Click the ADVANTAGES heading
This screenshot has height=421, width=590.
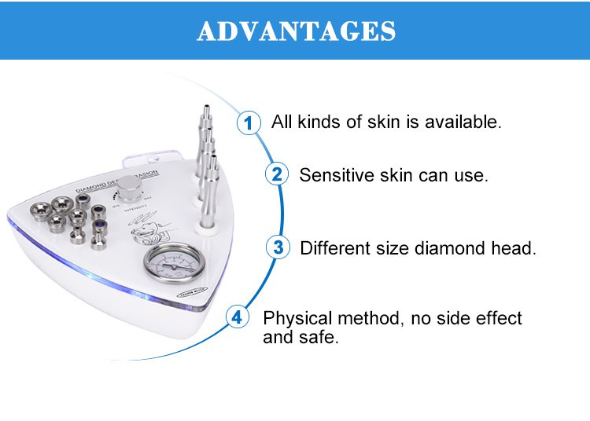[296, 31]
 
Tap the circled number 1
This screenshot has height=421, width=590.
[249, 123]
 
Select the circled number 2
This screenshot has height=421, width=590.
[276, 174]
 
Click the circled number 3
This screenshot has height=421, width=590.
[278, 248]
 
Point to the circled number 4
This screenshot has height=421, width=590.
[238, 318]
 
